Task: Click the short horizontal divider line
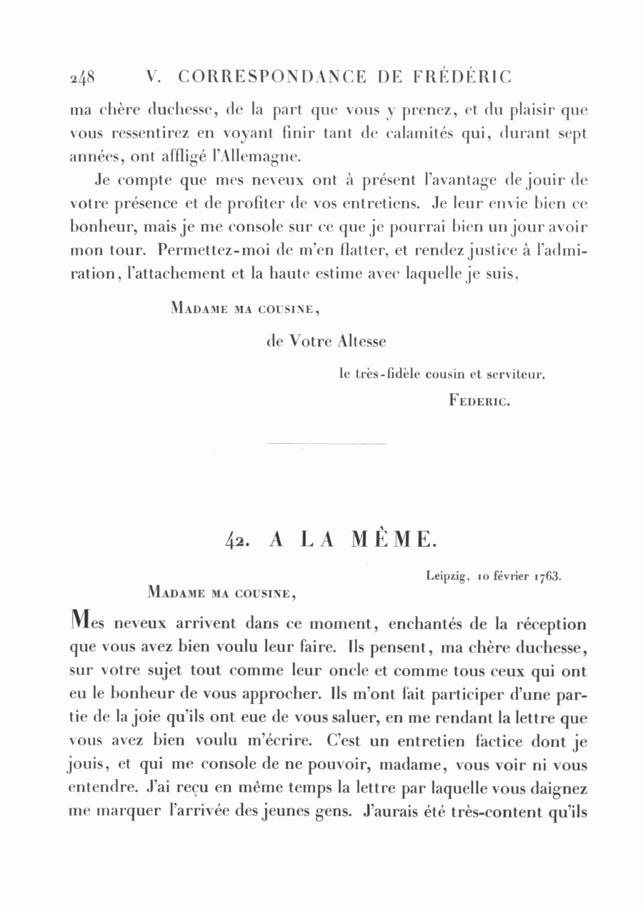326,445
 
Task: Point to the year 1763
548,575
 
